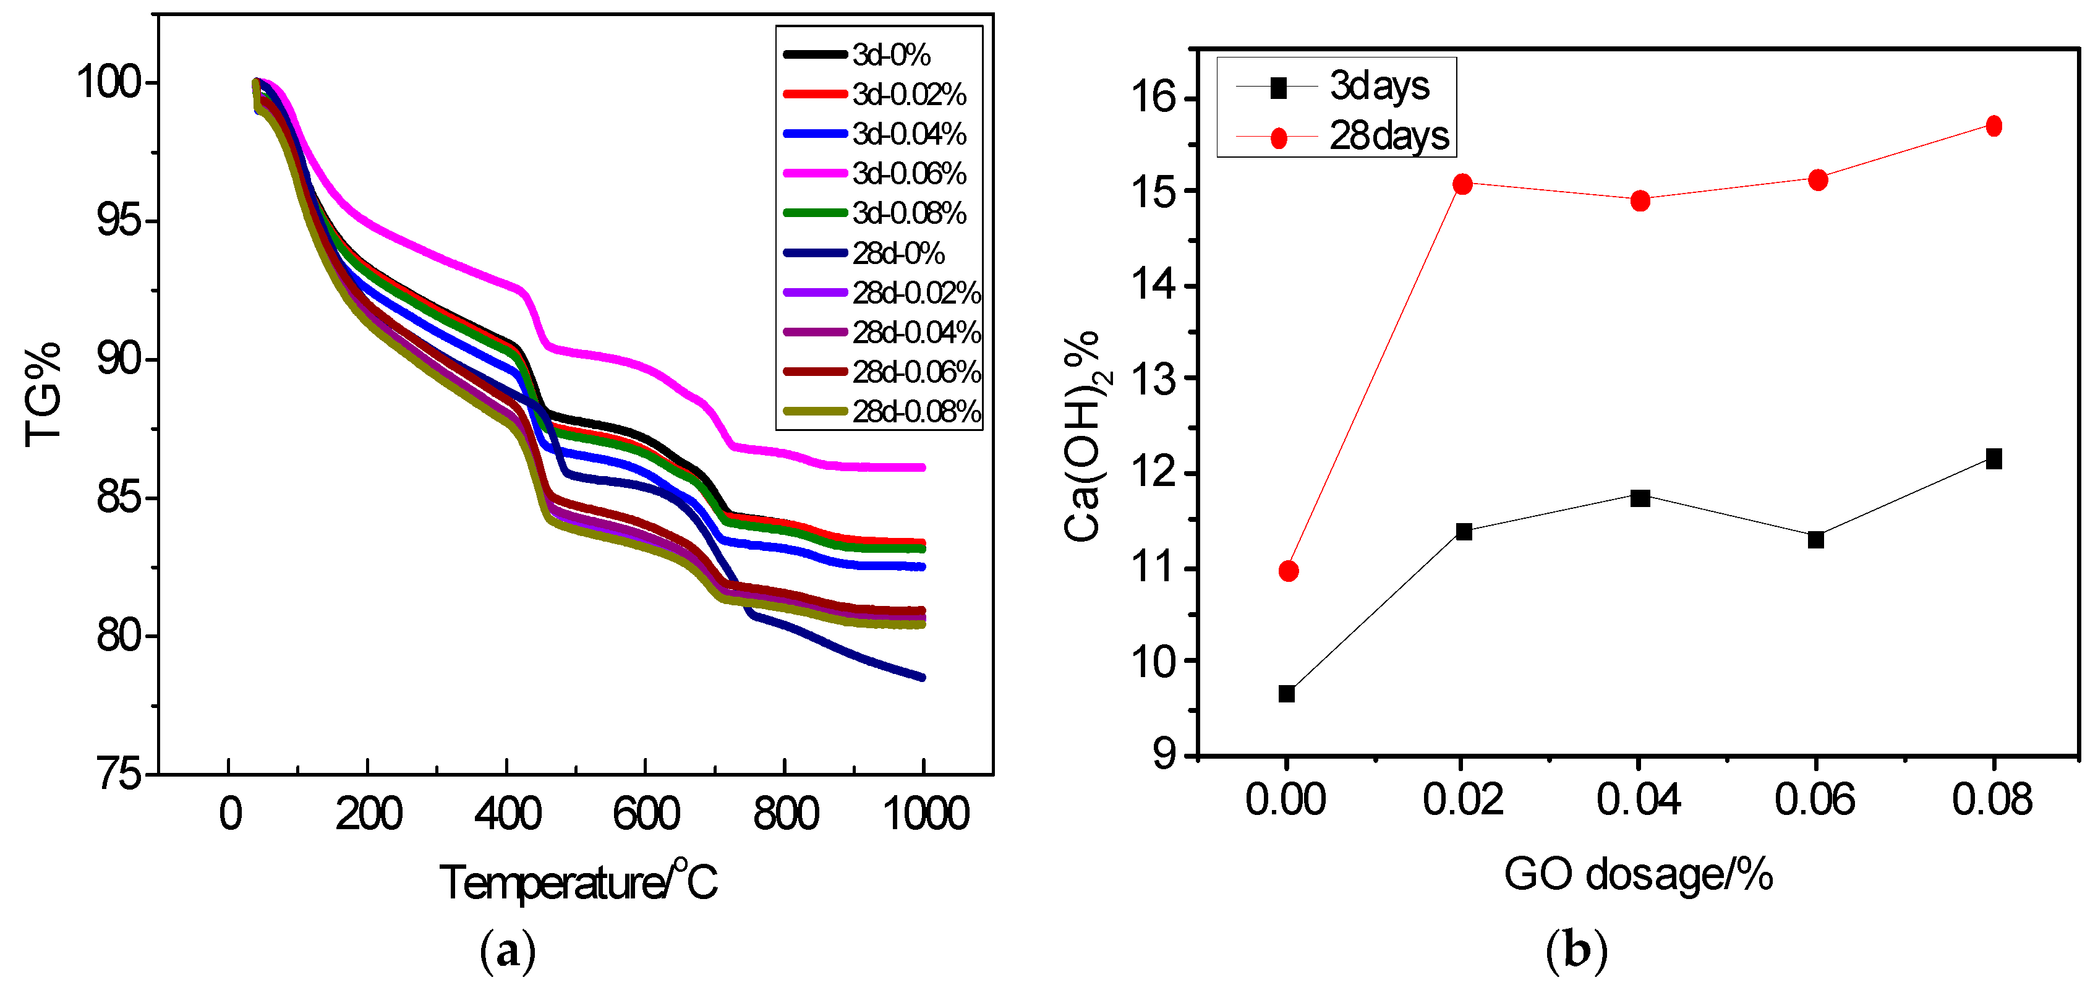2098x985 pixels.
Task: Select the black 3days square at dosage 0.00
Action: point(1287,693)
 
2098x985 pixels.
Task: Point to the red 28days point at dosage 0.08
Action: point(1994,126)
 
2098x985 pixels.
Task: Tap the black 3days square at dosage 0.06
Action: point(1816,539)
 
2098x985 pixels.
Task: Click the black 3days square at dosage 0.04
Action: point(1640,498)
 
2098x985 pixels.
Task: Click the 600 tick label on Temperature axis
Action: point(646,813)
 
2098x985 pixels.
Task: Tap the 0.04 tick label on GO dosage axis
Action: point(1639,800)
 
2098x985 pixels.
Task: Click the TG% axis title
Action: point(42,395)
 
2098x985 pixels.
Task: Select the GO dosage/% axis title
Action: point(1638,874)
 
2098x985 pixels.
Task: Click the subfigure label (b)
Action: point(1576,950)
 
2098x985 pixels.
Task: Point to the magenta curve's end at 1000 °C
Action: point(922,467)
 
